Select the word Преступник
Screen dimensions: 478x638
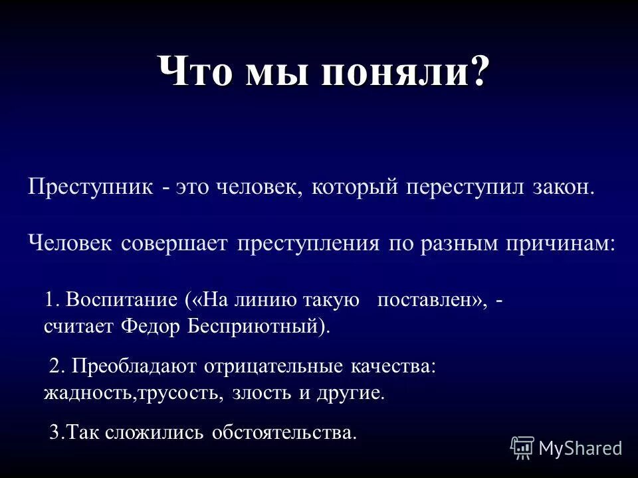[90, 187]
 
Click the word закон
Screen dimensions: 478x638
[563, 187]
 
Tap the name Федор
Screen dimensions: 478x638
[154, 327]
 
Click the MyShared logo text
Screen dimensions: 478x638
[580, 448]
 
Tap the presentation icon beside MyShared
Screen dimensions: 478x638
[522, 448]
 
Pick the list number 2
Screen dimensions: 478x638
[56, 366]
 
